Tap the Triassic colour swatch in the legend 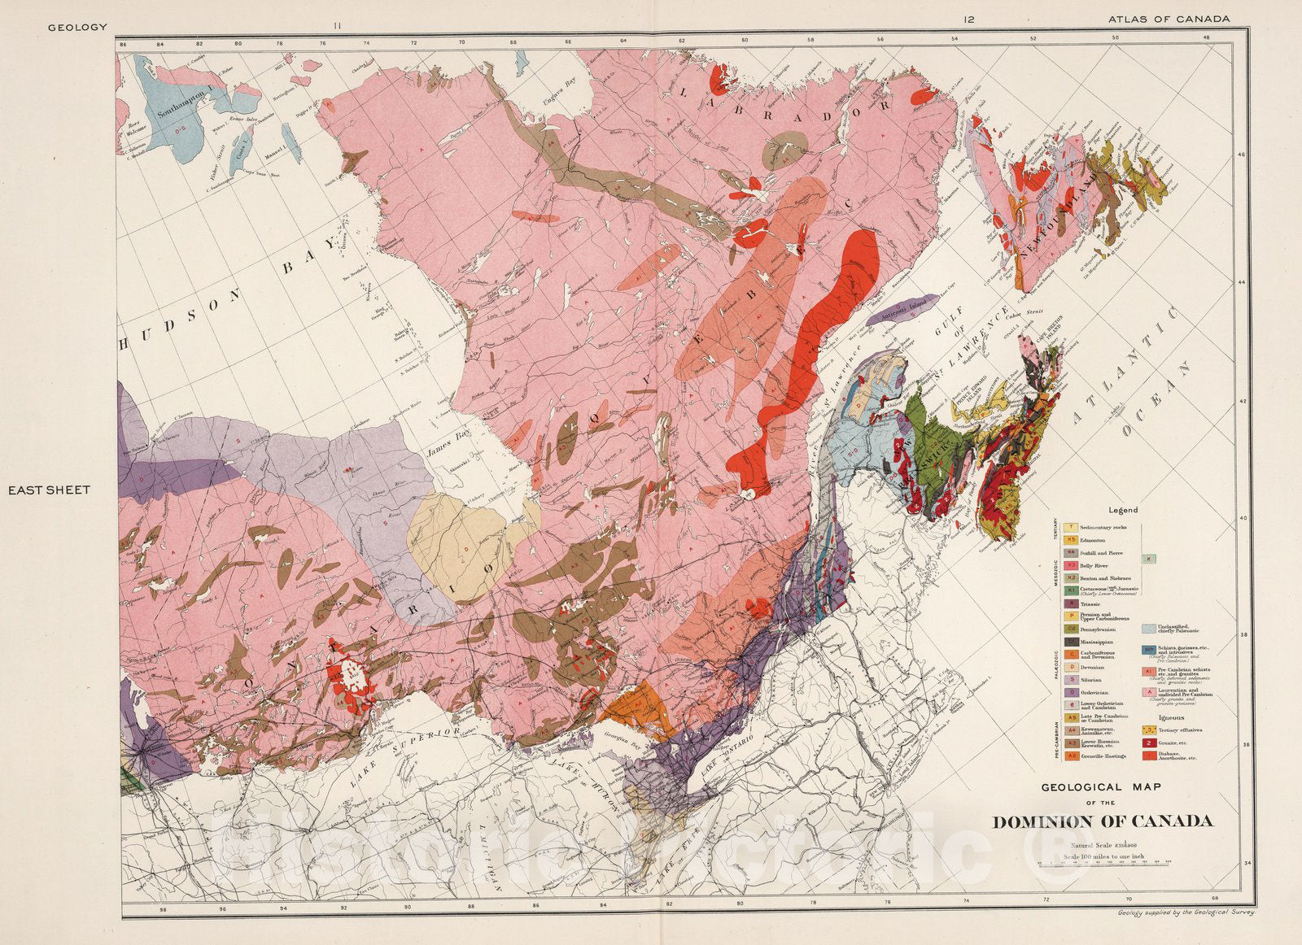pyautogui.click(x=1072, y=604)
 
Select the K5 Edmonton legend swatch pyautogui.click(x=1072, y=540)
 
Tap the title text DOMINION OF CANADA pyautogui.click(x=1103, y=821)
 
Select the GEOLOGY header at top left pyautogui.click(x=77, y=27)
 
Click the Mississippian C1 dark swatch pyautogui.click(x=1072, y=642)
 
